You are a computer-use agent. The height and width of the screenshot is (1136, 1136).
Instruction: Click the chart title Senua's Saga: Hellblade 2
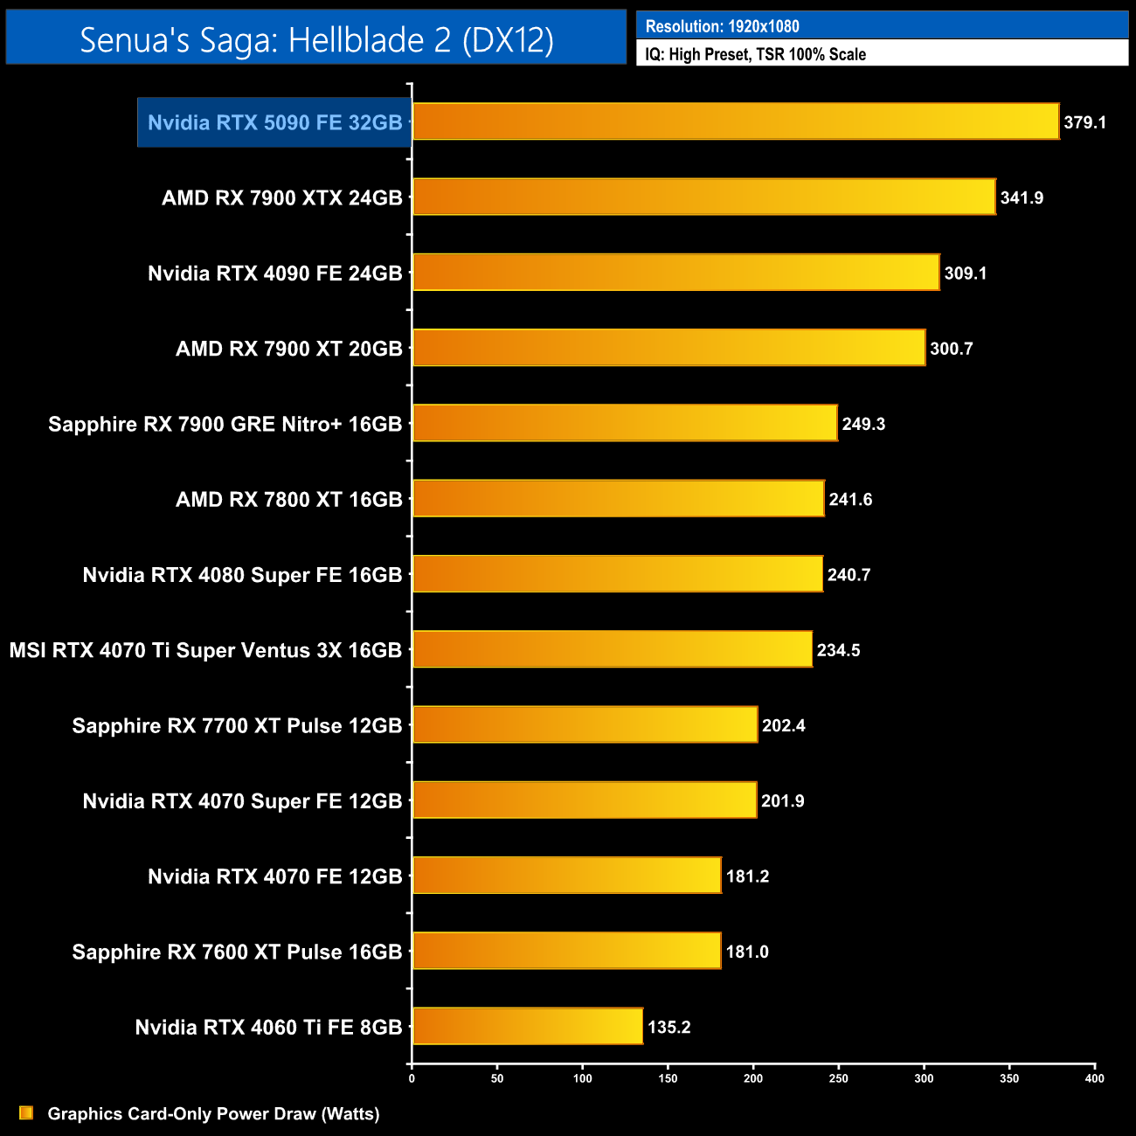click(x=316, y=39)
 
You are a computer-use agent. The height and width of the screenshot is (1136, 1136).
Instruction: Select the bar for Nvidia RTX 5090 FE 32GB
click(x=735, y=121)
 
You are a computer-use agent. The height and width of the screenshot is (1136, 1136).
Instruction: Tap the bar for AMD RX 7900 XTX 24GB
click(x=703, y=197)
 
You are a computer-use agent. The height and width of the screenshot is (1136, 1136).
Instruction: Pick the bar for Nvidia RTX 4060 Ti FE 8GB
click(x=527, y=1026)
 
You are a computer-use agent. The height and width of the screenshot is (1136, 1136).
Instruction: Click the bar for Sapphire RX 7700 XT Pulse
click(x=585, y=724)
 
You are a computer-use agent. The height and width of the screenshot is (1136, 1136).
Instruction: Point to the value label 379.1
click(x=1084, y=122)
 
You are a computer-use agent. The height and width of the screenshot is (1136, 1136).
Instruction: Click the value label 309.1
click(x=965, y=274)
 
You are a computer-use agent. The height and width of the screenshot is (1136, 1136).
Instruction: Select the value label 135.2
click(x=668, y=1027)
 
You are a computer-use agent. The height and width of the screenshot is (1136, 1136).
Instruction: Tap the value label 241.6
click(x=850, y=500)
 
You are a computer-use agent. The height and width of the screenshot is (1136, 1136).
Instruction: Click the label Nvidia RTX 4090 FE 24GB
click(x=274, y=274)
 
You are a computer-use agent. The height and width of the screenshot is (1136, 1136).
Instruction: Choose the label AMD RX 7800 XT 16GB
click(x=288, y=500)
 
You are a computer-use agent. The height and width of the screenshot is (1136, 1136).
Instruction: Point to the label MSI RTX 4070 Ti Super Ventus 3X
click(x=205, y=650)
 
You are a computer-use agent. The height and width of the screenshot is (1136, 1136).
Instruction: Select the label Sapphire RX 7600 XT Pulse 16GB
click(x=237, y=952)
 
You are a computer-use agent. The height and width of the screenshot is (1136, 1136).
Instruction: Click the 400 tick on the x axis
click(x=1094, y=1078)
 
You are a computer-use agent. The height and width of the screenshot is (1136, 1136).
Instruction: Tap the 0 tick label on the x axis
click(x=412, y=1078)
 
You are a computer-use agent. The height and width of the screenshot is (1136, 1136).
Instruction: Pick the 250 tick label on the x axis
click(x=838, y=1078)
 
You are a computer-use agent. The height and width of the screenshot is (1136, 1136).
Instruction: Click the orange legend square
click(x=26, y=1112)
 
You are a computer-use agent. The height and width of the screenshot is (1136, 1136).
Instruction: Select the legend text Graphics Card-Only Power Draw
click(x=213, y=1113)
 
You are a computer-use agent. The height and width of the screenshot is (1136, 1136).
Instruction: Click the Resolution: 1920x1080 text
click(x=722, y=26)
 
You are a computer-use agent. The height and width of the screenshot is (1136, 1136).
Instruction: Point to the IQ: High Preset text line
click(x=755, y=54)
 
